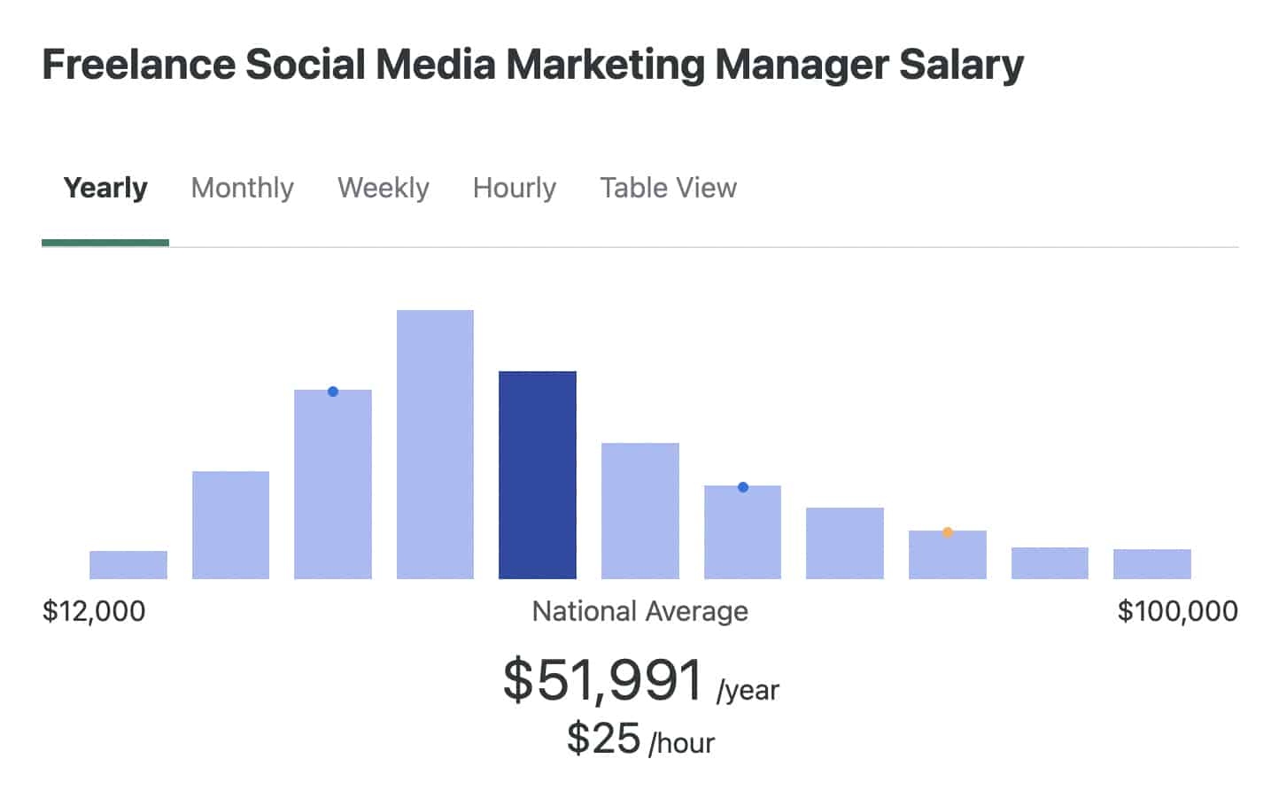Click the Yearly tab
(105, 188)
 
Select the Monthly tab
(242, 188)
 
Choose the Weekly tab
(383, 188)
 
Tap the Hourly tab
(514, 188)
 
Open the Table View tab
(668, 188)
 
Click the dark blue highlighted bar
(537, 475)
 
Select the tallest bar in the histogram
(435, 444)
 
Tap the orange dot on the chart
(948, 532)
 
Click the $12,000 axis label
(94, 611)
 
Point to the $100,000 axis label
(1177, 611)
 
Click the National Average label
(639, 611)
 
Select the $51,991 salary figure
(603, 680)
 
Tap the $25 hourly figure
(603, 738)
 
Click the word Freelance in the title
(138, 65)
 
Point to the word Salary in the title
(961, 65)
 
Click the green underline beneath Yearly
(105, 243)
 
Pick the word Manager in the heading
(802, 65)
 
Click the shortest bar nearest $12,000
(128, 565)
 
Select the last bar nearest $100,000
(1151, 564)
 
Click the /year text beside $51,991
(748, 690)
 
